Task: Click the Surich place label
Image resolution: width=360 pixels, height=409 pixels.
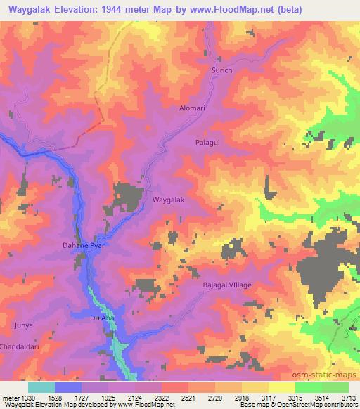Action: pyautogui.click(x=221, y=72)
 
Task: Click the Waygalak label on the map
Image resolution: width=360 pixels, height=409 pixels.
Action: pyautogui.click(x=169, y=200)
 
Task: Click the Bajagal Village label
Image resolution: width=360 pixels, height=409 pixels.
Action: pyautogui.click(x=227, y=285)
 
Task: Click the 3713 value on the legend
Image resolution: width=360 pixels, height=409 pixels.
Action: pyautogui.click(x=348, y=396)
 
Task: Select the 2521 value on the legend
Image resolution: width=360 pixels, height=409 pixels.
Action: pyautogui.click(x=188, y=396)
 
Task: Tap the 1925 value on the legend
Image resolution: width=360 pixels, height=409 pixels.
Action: pyautogui.click(x=108, y=396)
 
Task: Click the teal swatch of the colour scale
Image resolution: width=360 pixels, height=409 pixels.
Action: pyautogui.click(x=41, y=387)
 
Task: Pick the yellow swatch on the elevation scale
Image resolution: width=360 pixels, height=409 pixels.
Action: pyautogui.click(x=281, y=387)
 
